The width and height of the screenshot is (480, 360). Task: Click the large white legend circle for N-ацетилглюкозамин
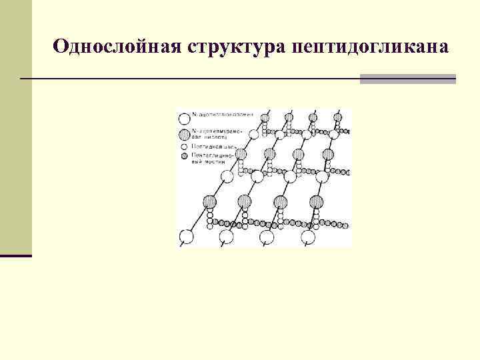tap(185, 119)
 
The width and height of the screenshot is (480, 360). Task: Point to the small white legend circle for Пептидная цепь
tap(185, 145)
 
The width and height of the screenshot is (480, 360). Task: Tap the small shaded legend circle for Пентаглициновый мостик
tap(185, 156)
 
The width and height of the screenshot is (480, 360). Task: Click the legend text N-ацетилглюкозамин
tap(217, 116)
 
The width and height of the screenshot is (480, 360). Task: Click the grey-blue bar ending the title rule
tap(407, 79)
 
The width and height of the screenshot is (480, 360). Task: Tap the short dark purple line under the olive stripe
tap(16, 255)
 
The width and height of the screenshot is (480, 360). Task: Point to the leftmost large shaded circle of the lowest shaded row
tap(210, 201)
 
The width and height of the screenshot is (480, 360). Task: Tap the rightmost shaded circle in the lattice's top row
tap(338, 117)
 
